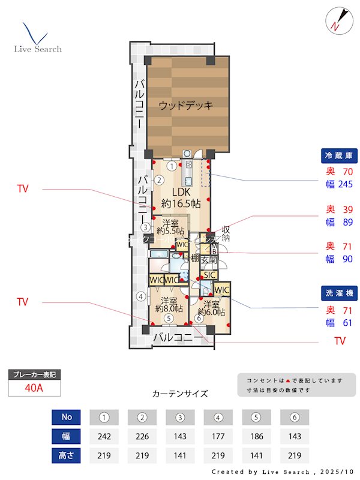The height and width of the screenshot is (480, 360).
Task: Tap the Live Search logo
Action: [x=37, y=39]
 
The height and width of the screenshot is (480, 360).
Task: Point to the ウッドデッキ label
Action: [x=186, y=106]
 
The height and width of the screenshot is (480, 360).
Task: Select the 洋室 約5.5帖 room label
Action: [x=169, y=226]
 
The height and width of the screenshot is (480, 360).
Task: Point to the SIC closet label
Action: [x=208, y=275]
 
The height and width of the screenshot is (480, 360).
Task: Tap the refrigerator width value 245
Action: [x=344, y=184]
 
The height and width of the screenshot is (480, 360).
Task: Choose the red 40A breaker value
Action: [x=34, y=388]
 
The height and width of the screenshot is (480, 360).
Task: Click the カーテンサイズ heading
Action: [x=180, y=394]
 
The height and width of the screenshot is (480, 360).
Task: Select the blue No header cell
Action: [x=66, y=417]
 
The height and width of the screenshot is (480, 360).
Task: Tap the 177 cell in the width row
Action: [x=218, y=436]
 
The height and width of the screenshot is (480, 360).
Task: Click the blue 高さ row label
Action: [x=66, y=455]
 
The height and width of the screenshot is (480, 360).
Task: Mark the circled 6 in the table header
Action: [x=294, y=417]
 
